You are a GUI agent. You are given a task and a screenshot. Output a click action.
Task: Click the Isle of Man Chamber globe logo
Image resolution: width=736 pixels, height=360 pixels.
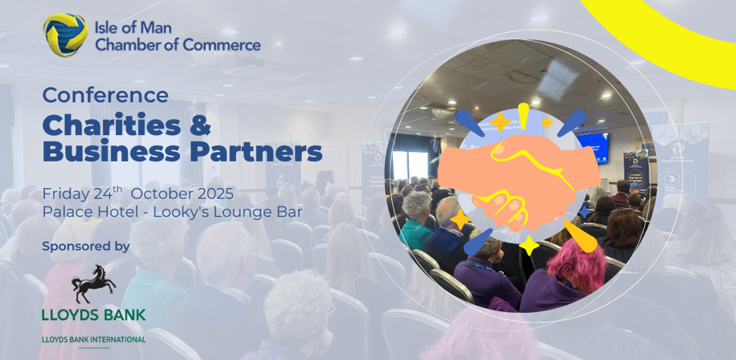(66, 34)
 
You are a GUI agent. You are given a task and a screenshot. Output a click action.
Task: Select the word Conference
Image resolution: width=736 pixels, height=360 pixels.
(105, 95)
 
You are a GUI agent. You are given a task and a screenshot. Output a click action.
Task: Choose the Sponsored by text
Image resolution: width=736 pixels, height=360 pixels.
(86, 247)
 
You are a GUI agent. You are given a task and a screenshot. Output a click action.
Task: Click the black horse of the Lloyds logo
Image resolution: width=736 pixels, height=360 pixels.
(94, 283)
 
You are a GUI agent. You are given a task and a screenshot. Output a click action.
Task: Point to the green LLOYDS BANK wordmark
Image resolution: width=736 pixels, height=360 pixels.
(94, 314)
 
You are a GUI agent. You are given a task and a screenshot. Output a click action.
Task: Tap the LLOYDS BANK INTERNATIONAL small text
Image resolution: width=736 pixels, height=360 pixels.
(94, 339)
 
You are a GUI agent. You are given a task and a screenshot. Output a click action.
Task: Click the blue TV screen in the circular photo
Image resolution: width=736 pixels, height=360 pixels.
(592, 148)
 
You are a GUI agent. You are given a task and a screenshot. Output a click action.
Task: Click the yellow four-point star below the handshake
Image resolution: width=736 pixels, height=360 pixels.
(529, 245)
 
